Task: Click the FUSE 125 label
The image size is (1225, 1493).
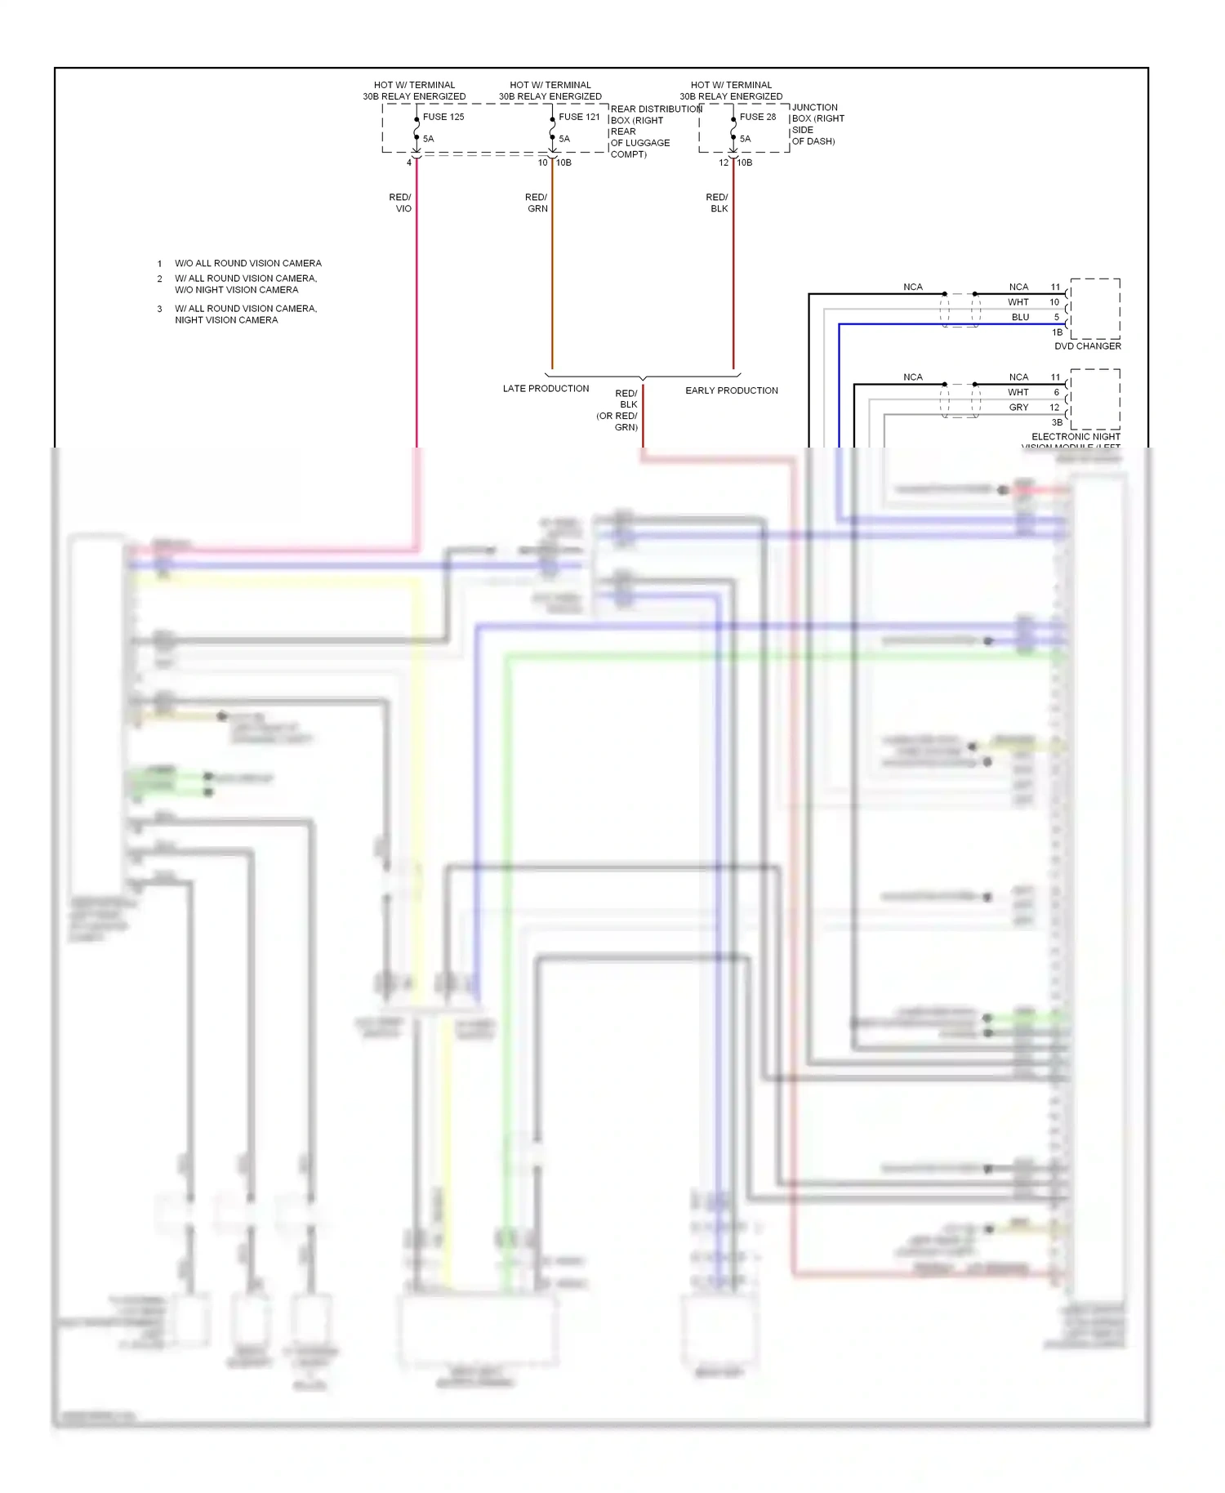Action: pyautogui.click(x=443, y=117)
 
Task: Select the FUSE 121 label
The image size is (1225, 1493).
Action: pyautogui.click(x=579, y=117)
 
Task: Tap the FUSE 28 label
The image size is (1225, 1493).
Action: pyautogui.click(x=758, y=117)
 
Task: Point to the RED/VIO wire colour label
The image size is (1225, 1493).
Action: pyautogui.click(x=401, y=203)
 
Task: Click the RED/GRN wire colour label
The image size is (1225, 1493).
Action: pyautogui.click(x=537, y=203)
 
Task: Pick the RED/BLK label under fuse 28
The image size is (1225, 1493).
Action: pyautogui.click(x=718, y=203)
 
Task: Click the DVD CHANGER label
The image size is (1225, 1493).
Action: pyautogui.click(x=1087, y=346)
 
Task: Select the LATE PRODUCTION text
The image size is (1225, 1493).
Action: pyautogui.click(x=546, y=389)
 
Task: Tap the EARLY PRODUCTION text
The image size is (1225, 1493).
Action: pyautogui.click(x=731, y=390)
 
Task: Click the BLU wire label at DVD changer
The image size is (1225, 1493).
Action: pyautogui.click(x=1020, y=317)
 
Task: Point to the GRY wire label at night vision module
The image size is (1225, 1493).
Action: pyautogui.click(x=1018, y=408)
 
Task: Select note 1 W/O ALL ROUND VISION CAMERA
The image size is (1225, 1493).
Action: pyautogui.click(x=247, y=263)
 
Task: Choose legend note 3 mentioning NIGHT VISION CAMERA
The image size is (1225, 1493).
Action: pyautogui.click(x=245, y=314)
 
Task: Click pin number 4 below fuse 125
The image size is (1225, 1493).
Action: pyautogui.click(x=409, y=163)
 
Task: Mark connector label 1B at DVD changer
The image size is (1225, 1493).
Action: pyautogui.click(x=1057, y=332)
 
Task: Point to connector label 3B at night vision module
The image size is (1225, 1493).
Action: pyautogui.click(x=1057, y=422)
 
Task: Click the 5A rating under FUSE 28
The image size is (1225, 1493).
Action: pyautogui.click(x=745, y=139)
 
